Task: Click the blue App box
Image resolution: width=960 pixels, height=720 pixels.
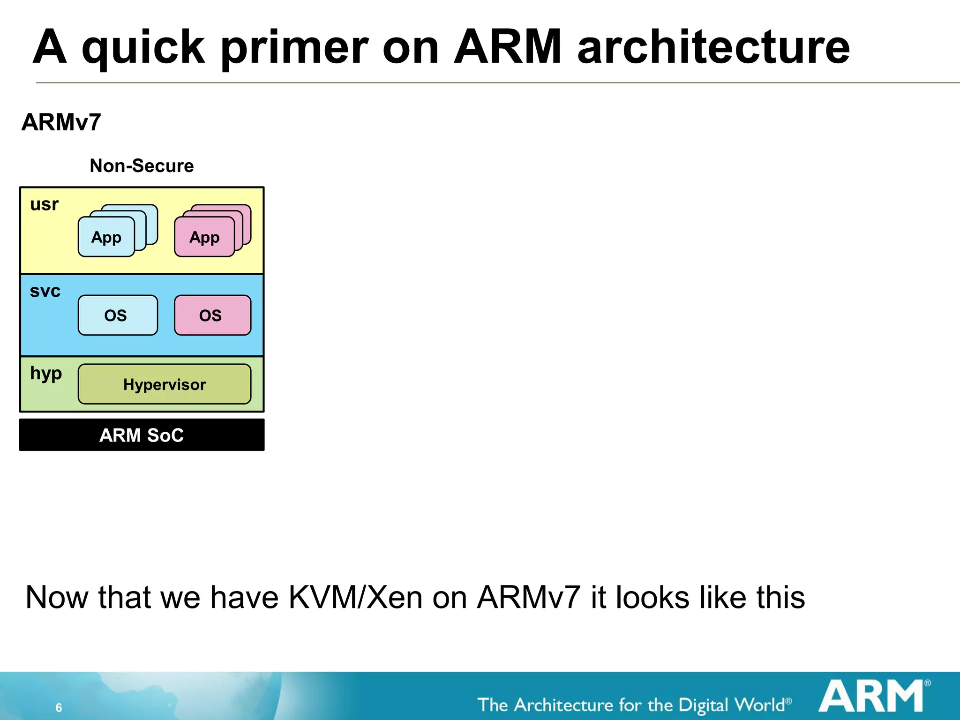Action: [x=106, y=237]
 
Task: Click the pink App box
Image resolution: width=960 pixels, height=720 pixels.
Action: [x=204, y=237]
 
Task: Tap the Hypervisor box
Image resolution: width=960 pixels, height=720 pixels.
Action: [x=165, y=384]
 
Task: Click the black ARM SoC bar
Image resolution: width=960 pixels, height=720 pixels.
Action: [x=142, y=435]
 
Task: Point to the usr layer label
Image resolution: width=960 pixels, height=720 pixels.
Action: [x=45, y=205]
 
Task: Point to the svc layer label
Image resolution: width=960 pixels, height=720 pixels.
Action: [x=45, y=291]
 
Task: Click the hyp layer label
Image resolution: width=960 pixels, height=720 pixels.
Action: [x=46, y=374]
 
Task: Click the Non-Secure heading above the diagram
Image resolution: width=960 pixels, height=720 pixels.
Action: [x=142, y=166]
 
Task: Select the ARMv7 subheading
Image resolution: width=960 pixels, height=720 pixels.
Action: [x=61, y=122]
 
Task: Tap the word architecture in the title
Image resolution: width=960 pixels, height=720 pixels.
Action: [x=713, y=47]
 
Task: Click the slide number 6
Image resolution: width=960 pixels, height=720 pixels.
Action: [x=59, y=707]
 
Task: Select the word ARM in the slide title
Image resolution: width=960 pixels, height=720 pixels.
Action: [x=508, y=47]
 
